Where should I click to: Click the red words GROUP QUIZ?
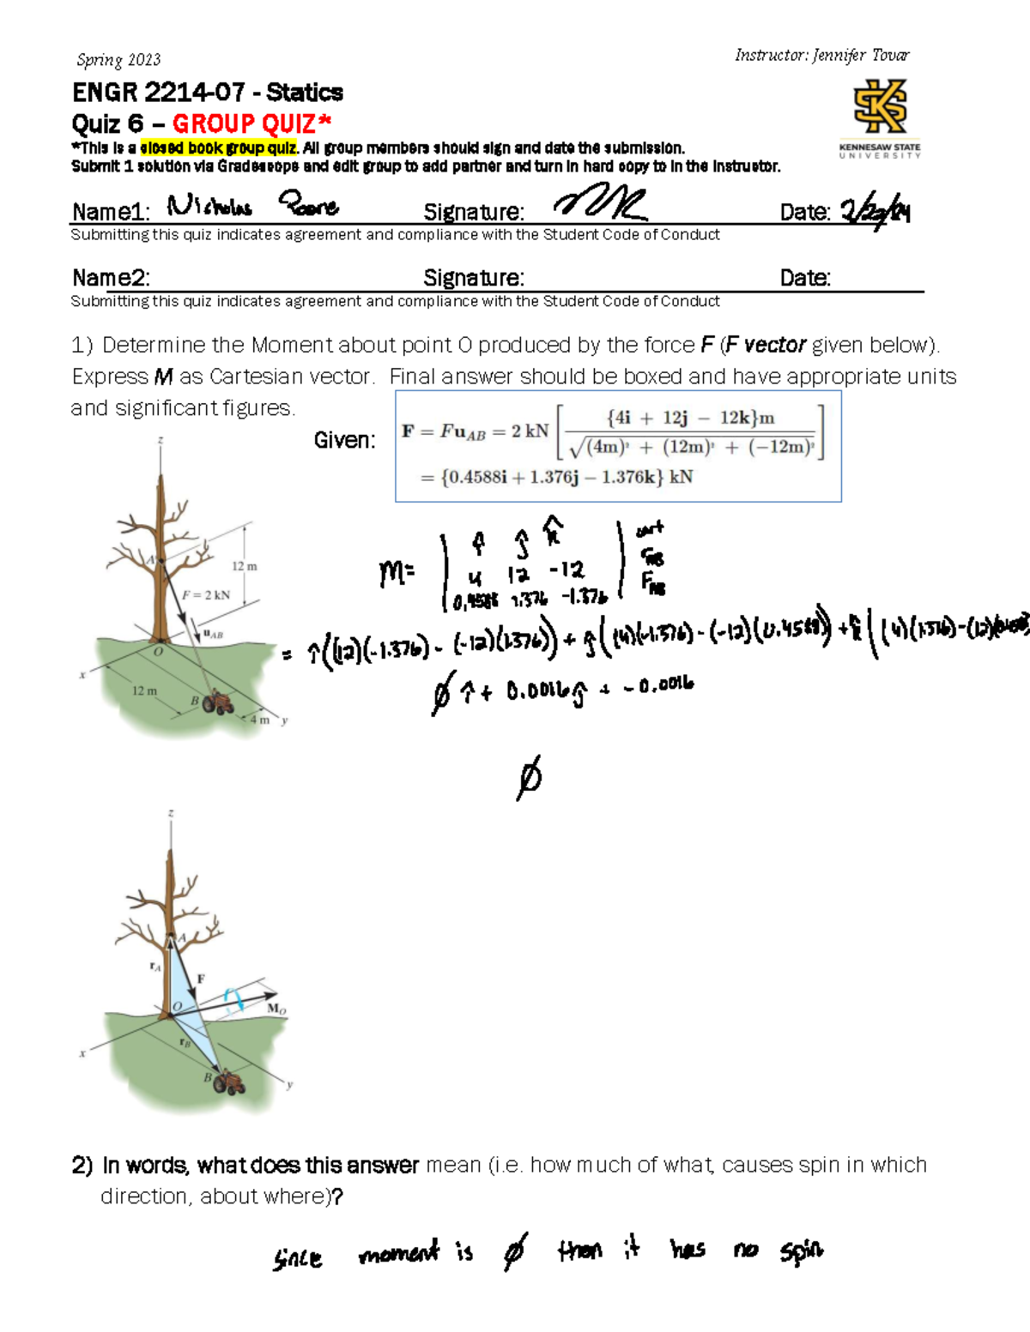[251, 124]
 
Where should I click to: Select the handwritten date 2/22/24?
[875, 210]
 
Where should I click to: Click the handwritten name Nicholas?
[209, 206]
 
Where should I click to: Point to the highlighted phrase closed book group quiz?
[218, 148]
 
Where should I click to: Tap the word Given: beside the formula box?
[344, 440]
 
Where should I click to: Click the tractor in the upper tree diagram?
[220, 702]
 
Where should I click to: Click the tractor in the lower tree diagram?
[230, 1083]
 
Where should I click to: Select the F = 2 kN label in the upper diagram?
[206, 594]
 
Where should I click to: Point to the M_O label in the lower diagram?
[276, 1009]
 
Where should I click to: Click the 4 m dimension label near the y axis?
[259, 719]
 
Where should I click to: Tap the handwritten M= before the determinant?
[397, 573]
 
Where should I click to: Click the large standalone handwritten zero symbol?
[530, 778]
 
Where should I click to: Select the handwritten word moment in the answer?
[398, 1254]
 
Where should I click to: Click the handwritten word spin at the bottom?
[801, 1251]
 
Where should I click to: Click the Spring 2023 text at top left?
[118, 60]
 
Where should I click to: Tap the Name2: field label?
[111, 278]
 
